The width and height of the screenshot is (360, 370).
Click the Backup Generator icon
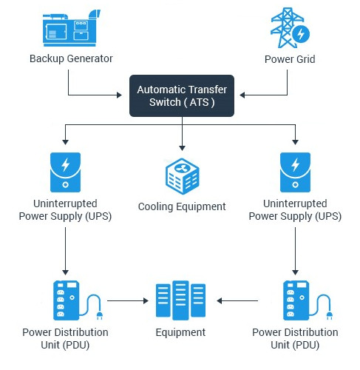click(x=71, y=28)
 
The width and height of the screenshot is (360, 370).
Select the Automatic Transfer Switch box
click(x=182, y=95)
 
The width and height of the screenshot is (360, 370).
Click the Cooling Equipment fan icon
click(x=183, y=176)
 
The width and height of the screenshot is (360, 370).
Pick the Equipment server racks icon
click(x=180, y=300)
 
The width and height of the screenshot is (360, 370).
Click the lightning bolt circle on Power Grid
click(x=301, y=34)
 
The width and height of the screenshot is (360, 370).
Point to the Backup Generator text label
click(x=71, y=59)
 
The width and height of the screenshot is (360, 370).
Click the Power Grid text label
click(x=290, y=59)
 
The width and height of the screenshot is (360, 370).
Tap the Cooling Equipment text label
click(x=182, y=206)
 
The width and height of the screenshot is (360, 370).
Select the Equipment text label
click(x=180, y=332)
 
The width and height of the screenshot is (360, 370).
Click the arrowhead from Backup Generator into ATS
click(x=119, y=95)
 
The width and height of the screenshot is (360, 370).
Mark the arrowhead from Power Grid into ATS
click(x=242, y=95)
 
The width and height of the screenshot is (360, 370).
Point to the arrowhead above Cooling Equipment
click(x=182, y=148)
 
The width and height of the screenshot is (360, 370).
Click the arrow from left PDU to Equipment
click(x=128, y=300)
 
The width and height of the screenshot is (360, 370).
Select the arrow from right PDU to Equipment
click(x=237, y=300)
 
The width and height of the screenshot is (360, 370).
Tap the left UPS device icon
click(x=65, y=172)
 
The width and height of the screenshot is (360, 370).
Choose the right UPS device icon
click(x=295, y=172)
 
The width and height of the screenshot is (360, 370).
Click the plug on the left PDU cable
click(x=100, y=316)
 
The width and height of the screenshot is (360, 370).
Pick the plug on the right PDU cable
click(x=330, y=316)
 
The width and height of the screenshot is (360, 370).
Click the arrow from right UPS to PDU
click(x=295, y=251)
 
